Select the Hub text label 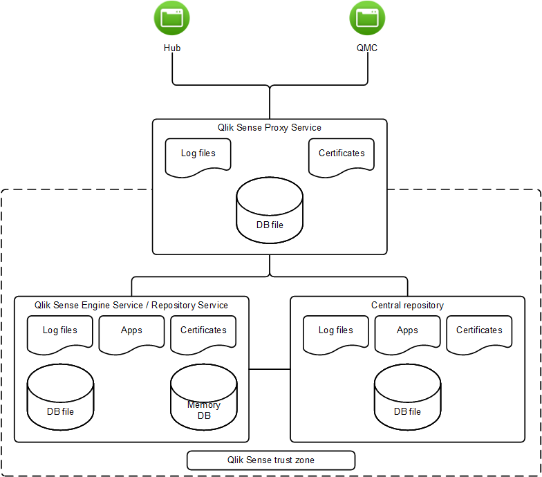pyautogui.click(x=172, y=48)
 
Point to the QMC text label pyautogui.click(x=366, y=48)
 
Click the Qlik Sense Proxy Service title pyautogui.click(x=269, y=127)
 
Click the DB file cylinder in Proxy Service pyautogui.click(x=269, y=211)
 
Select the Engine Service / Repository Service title pyautogui.click(x=131, y=305)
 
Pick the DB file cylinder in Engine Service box pyautogui.click(x=60, y=397)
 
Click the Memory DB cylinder pyautogui.click(x=203, y=397)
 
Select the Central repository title pyautogui.click(x=407, y=305)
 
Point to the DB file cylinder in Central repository pyautogui.click(x=407, y=397)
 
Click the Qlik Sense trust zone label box pyautogui.click(x=271, y=460)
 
